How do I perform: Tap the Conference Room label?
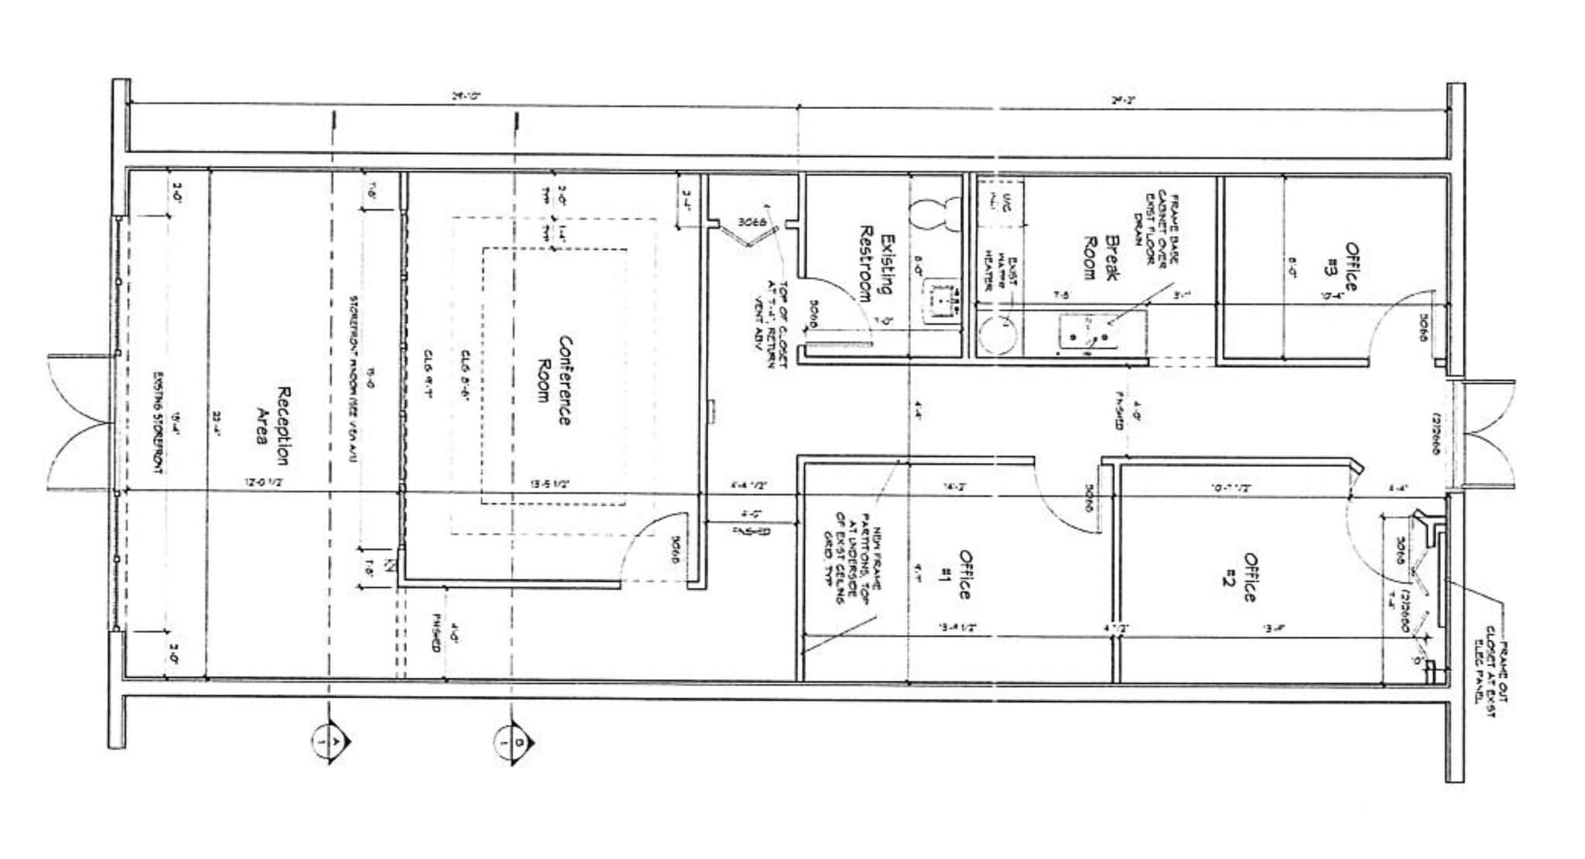554,382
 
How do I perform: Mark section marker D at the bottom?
514,742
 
